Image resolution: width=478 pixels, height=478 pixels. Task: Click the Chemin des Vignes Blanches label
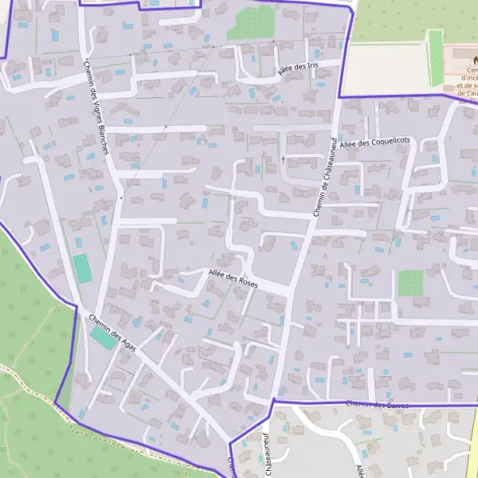101,106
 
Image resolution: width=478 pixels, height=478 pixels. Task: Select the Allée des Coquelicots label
374,142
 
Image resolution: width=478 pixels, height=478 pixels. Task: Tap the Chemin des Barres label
378,406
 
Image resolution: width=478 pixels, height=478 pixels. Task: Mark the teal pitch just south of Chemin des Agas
102,338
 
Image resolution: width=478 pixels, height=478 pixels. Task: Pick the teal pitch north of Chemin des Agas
82,268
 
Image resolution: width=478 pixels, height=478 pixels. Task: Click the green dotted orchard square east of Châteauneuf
411,282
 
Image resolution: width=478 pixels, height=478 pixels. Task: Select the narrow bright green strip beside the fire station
435,58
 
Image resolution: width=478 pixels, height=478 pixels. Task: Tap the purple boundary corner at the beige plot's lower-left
340,97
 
